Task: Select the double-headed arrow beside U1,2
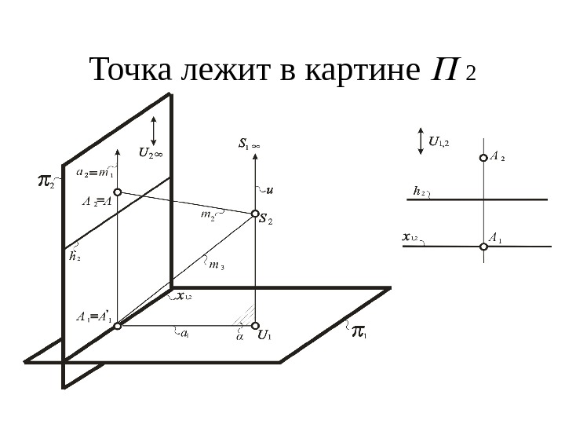point(421,140)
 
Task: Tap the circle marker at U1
point(254,323)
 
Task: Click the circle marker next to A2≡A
point(117,191)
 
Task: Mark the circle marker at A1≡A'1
point(117,323)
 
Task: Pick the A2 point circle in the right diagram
point(484,158)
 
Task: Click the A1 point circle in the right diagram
point(484,247)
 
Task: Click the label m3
point(217,265)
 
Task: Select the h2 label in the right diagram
point(418,190)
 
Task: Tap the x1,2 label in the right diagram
point(410,236)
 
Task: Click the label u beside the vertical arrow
point(270,189)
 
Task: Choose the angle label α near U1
point(239,338)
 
